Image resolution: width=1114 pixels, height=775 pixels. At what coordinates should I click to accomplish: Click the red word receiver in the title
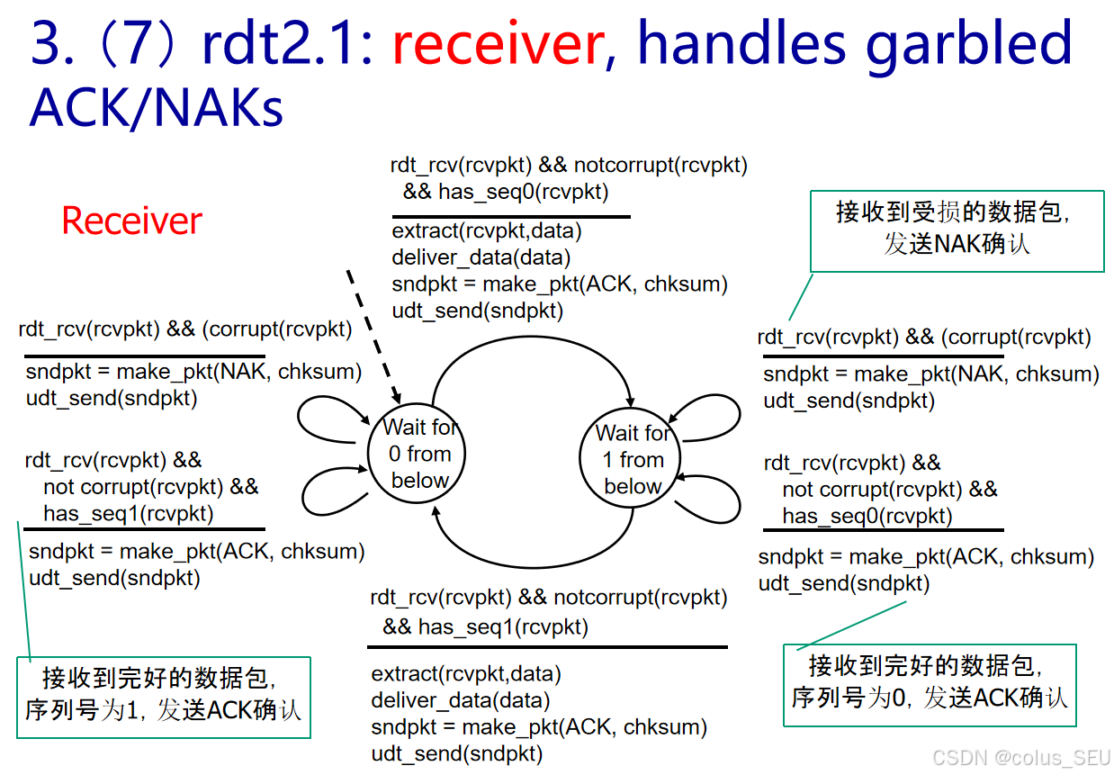pos(497,43)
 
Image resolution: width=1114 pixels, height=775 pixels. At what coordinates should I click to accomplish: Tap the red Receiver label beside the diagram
pos(131,221)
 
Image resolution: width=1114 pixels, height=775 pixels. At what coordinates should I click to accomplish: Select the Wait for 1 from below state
pos(633,459)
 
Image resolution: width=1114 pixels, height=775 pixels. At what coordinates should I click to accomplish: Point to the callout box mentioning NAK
pos(957,230)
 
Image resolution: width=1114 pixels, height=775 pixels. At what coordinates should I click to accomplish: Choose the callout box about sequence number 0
pos(930,683)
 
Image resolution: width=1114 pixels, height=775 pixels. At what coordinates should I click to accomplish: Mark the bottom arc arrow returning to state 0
pos(531,563)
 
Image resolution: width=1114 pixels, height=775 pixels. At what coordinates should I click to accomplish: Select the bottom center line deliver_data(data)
pos(460,699)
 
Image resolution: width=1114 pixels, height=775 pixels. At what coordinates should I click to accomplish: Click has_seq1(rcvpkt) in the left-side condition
pos(129,514)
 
